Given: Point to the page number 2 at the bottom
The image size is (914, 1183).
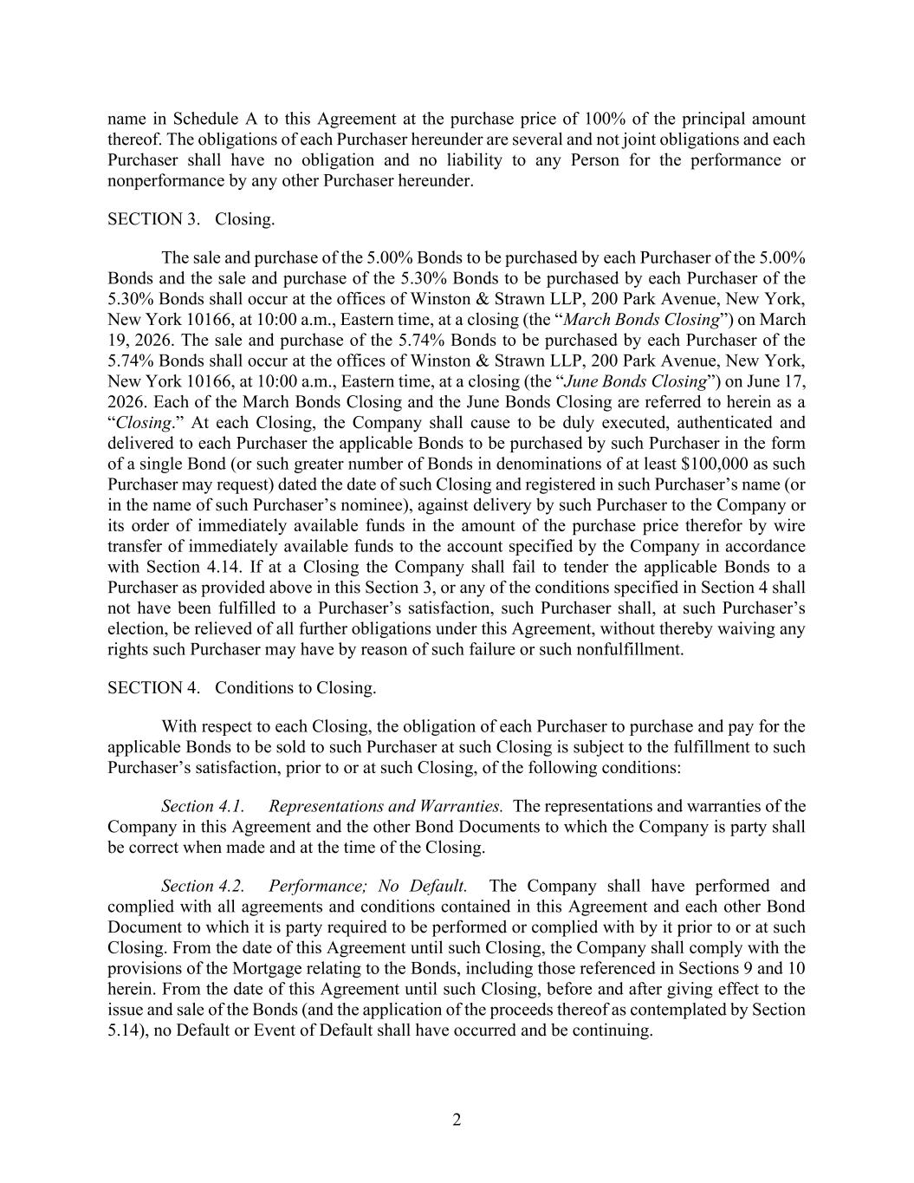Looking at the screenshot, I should pyautogui.click(x=457, y=1120).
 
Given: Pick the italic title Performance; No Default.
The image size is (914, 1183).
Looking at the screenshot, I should pyautogui.click(x=368, y=886).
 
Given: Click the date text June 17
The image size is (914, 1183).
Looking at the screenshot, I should pyautogui.click(x=776, y=381).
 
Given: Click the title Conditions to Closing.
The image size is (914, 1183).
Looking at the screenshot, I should pyautogui.click(x=295, y=688).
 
